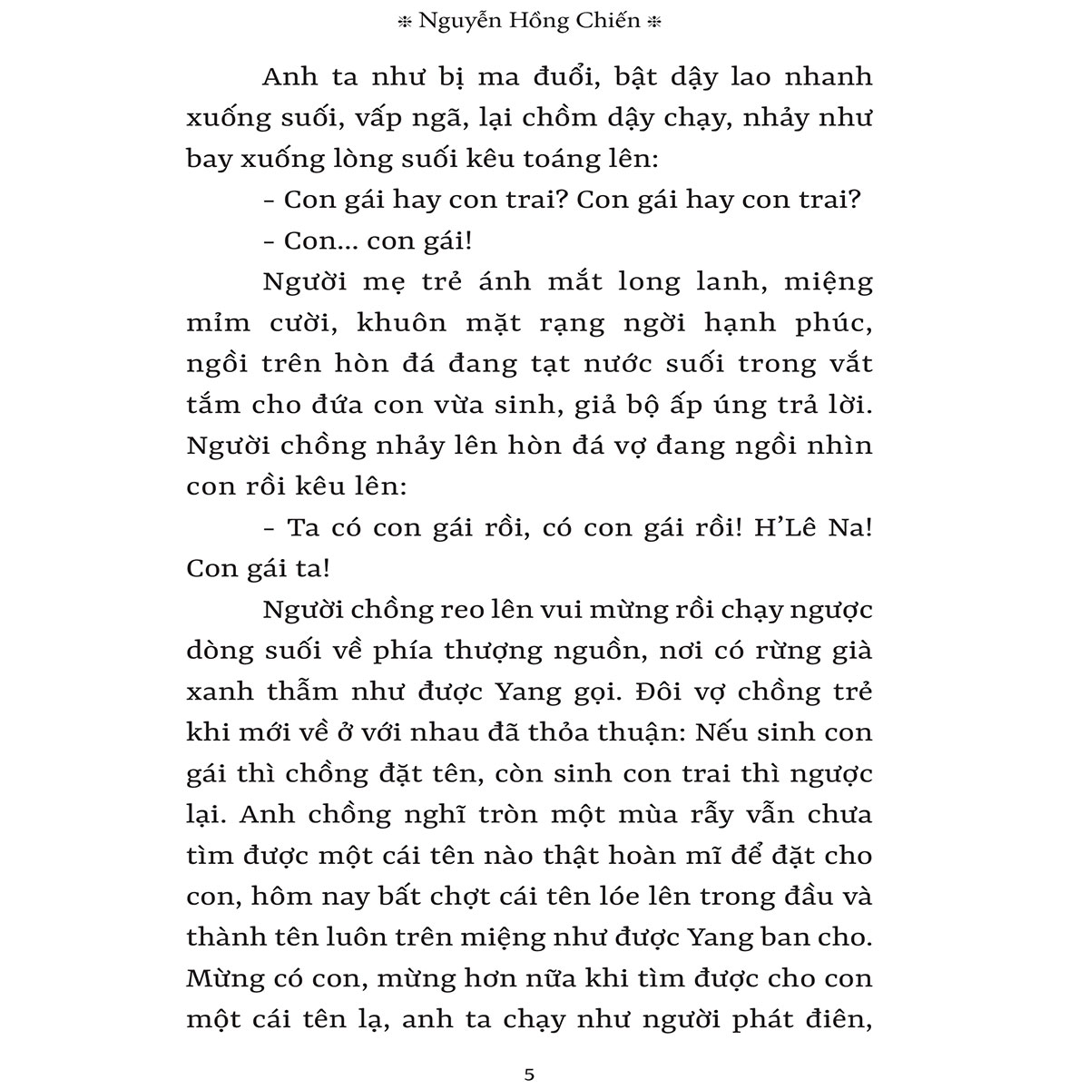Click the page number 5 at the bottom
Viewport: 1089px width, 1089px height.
[x=530, y=1074]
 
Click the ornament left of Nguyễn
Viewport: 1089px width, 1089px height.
[x=404, y=25]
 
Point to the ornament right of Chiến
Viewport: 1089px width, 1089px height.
[x=655, y=25]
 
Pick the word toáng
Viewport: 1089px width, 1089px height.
[x=533, y=159]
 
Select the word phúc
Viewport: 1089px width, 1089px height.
[x=833, y=322]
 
